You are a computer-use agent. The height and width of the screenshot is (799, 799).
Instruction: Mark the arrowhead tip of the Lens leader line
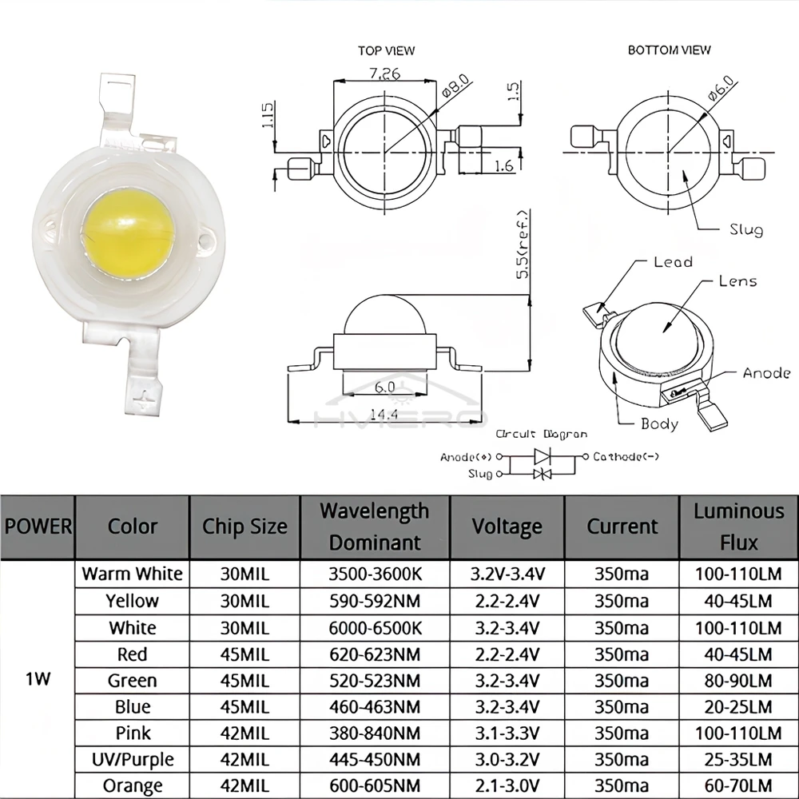point(663,332)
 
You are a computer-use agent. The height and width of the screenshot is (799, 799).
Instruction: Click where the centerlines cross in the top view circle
point(385,151)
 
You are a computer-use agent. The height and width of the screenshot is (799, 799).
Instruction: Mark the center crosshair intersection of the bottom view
point(668,152)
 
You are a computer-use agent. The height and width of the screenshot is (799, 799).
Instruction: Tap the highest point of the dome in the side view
point(385,295)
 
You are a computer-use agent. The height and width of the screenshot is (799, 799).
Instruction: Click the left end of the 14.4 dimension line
point(288,421)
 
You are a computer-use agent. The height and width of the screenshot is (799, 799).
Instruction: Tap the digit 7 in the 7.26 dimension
point(373,74)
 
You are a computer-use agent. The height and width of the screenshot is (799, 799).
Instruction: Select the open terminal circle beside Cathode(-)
point(586,456)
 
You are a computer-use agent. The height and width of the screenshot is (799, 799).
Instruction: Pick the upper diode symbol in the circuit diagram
point(543,456)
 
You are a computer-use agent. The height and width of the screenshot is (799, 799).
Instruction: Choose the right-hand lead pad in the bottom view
point(752,169)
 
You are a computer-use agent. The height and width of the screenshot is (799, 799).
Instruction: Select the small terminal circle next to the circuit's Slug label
point(499,474)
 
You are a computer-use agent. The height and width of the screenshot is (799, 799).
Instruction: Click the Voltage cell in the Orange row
point(507,785)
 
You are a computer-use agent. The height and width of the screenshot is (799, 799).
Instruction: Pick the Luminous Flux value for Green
point(738,680)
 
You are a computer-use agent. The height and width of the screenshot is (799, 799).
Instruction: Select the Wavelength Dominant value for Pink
point(375,733)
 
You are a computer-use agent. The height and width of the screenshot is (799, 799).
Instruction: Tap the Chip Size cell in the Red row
point(244,654)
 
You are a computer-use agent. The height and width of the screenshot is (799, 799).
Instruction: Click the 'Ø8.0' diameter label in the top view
point(455,85)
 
